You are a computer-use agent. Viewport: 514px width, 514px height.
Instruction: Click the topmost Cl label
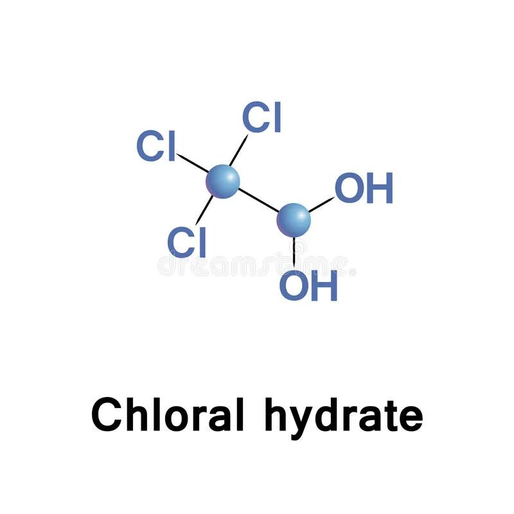pyautogui.click(x=262, y=118)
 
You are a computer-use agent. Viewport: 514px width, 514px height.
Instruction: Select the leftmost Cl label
pyautogui.click(x=155, y=146)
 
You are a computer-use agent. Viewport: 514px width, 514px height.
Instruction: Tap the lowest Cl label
pyautogui.click(x=186, y=242)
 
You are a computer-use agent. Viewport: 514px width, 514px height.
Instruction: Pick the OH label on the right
pyautogui.click(x=364, y=189)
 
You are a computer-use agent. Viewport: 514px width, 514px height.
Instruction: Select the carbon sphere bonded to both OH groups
pyautogui.click(x=294, y=220)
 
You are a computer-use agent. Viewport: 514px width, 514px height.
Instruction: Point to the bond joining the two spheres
pyautogui.click(x=259, y=201)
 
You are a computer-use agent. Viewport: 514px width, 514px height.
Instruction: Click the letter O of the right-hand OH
pyautogui.click(x=349, y=189)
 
